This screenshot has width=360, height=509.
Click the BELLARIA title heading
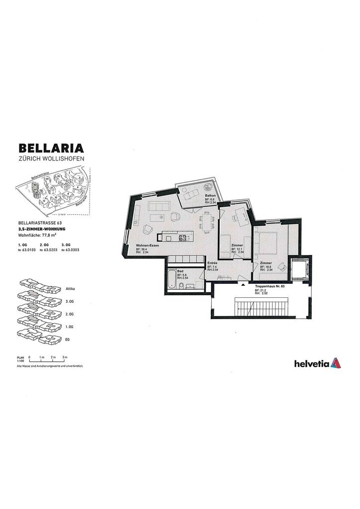[x=51, y=148]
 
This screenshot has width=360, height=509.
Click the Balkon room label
[x=209, y=196]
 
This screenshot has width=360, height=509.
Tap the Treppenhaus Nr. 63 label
[x=269, y=287]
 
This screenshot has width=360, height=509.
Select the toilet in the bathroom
[x=182, y=285]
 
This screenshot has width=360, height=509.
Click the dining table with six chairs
[x=206, y=223]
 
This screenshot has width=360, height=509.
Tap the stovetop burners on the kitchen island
[x=182, y=238]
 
